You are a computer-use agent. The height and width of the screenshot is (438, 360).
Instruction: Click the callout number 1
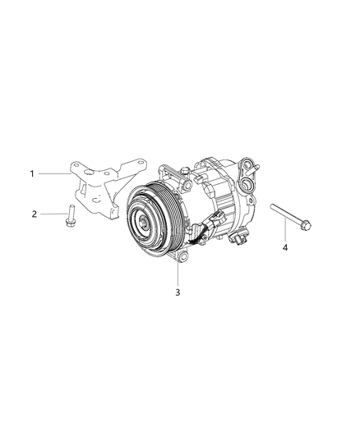[x=32, y=173]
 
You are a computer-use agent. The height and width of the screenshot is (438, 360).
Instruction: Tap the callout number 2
[x=34, y=214]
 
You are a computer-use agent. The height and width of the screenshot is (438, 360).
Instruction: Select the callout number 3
[x=178, y=293]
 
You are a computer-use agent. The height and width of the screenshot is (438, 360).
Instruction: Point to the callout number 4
[x=285, y=247]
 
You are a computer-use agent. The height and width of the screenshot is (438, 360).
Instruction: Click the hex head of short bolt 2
[x=70, y=222]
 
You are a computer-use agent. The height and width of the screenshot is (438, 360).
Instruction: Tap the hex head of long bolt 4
[x=306, y=225]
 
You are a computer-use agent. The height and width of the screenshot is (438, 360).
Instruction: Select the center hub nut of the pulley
[x=143, y=223]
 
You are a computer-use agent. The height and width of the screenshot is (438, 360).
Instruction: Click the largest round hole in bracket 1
[x=90, y=173]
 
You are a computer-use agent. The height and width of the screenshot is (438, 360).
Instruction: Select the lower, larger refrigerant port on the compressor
[x=246, y=183]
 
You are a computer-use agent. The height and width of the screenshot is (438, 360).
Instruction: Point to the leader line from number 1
[x=54, y=173]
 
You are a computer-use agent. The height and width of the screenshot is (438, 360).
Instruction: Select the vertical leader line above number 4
[x=285, y=230]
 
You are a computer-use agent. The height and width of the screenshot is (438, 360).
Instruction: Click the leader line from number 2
[x=54, y=214]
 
